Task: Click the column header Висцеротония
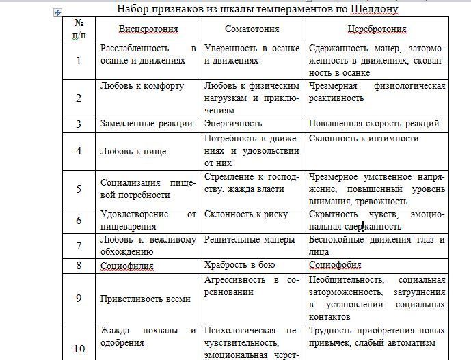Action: click(148, 30)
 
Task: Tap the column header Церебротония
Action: click(376, 30)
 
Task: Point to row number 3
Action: click(79, 124)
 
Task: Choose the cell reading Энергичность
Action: click(233, 124)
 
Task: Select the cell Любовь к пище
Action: click(133, 150)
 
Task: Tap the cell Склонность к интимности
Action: click(364, 138)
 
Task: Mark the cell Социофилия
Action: click(127, 265)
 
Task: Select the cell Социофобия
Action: click(335, 264)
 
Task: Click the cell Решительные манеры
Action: click(250, 240)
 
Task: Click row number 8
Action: click(79, 265)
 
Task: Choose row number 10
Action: click(79, 348)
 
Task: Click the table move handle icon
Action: click(57, 12)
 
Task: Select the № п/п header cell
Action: click(79, 29)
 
